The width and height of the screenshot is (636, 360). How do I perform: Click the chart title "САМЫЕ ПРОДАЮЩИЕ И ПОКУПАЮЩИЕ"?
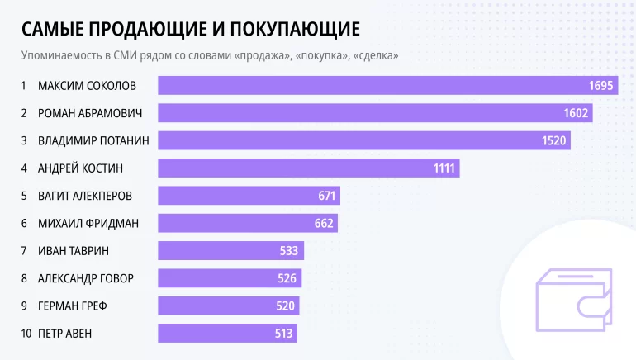pyautogui.click(x=190, y=29)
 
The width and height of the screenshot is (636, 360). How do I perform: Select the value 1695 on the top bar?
pyautogui.click(x=600, y=86)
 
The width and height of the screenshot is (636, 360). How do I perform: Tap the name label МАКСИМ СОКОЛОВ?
pyautogui.click(x=87, y=86)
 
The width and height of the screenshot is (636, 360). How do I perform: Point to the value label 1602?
pyautogui.click(x=577, y=113)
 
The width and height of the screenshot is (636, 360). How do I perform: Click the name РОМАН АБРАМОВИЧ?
pyautogui.click(x=91, y=113)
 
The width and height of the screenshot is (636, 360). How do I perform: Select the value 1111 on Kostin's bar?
pyautogui.click(x=444, y=168)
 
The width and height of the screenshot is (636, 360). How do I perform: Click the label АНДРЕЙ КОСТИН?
pyautogui.click(x=80, y=168)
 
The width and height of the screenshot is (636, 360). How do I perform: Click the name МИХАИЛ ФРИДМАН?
pyautogui.click(x=88, y=223)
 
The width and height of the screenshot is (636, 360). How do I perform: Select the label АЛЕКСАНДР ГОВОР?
pyautogui.click(x=86, y=278)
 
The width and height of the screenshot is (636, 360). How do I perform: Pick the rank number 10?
pyautogui.click(x=26, y=334)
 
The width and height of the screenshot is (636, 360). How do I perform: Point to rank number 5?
pyautogui.click(x=25, y=196)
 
